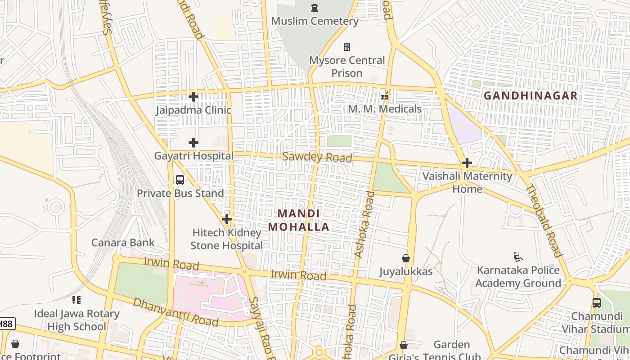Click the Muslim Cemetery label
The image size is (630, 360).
[x=315, y=21]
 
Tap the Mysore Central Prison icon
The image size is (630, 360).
[x=347, y=47]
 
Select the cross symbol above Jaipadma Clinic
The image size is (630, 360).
[x=193, y=97]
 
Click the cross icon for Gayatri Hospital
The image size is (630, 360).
[x=193, y=143]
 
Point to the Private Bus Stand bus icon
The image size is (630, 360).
[x=180, y=180]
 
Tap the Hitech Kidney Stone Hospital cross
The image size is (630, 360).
[x=227, y=219]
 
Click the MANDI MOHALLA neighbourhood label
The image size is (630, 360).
[x=299, y=220]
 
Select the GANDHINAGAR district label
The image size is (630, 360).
[x=531, y=96]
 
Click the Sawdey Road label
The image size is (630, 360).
[x=317, y=157]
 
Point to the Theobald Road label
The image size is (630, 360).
[x=544, y=220]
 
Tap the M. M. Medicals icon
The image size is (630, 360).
[x=385, y=96]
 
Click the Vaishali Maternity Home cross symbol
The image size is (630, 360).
[x=467, y=163]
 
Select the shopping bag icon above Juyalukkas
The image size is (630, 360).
[x=406, y=258]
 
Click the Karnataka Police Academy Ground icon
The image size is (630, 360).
[x=518, y=257]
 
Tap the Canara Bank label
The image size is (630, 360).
[x=123, y=243]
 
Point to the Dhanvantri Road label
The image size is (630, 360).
[x=175, y=312]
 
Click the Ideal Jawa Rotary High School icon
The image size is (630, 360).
[x=76, y=300]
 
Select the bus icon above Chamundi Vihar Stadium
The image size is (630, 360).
[x=597, y=303]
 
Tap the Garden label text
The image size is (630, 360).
[x=452, y=345]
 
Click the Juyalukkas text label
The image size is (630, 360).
[x=406, y=271]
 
